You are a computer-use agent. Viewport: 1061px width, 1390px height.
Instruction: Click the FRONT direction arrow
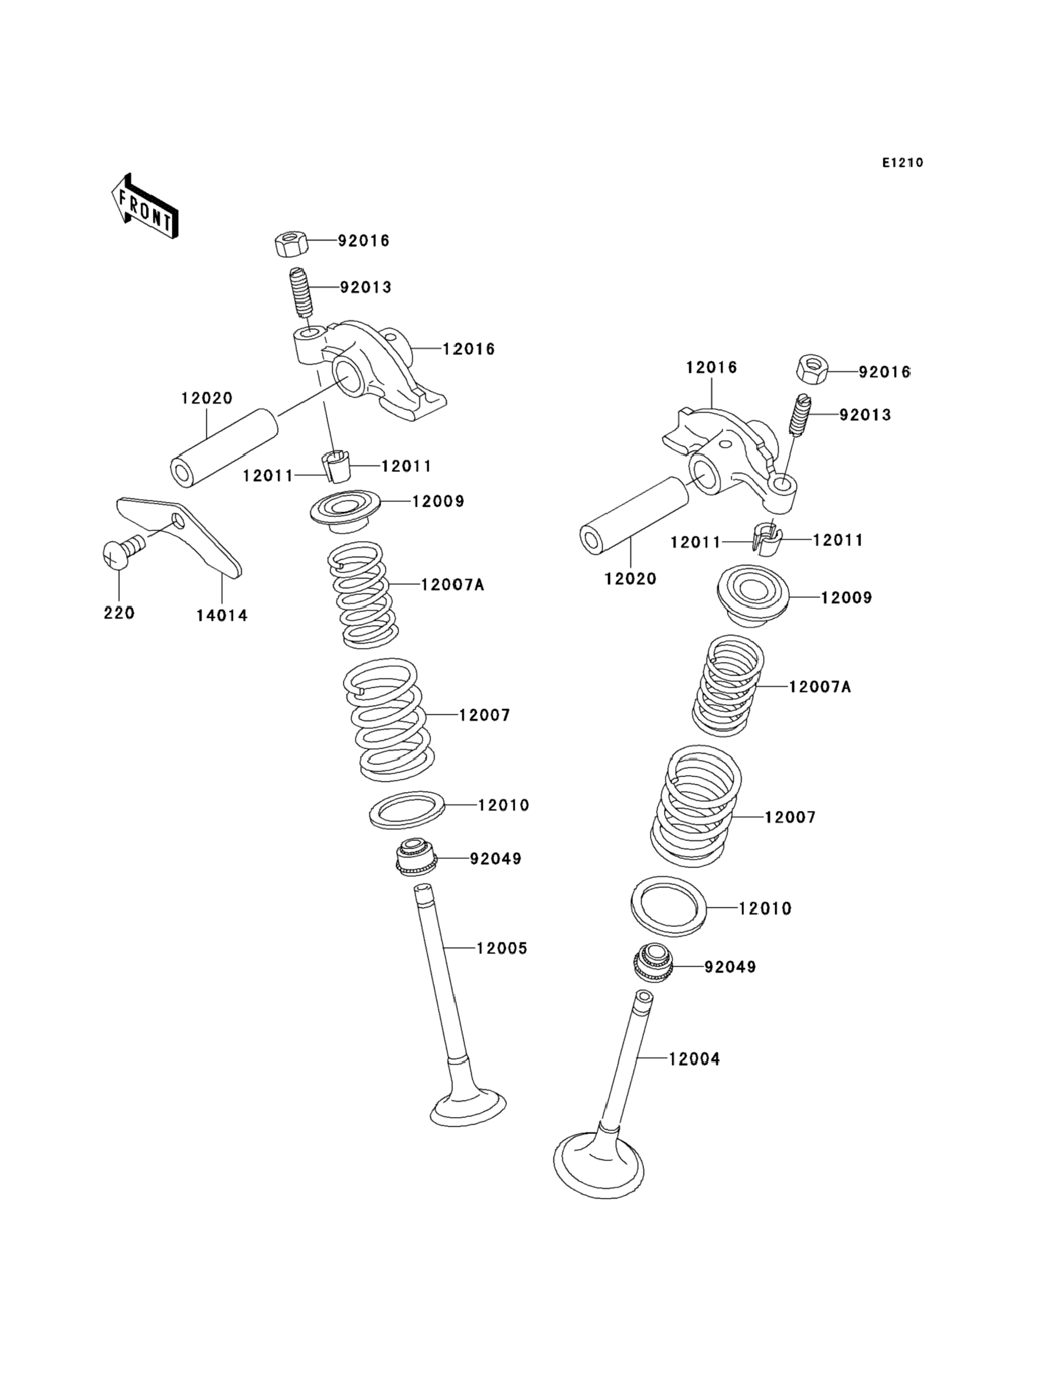coord(145,207)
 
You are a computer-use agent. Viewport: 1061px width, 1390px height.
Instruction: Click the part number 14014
coord(222,615)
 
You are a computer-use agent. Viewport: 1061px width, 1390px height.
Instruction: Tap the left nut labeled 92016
coord(291,243)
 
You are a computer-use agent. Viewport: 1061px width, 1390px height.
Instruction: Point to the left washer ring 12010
coord(408,809)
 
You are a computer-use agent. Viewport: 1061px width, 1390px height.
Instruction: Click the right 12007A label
coord(820,686)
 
